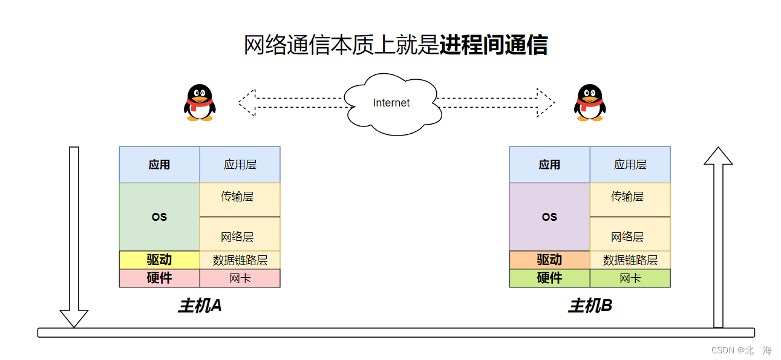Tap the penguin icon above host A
200,103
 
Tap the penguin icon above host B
590,103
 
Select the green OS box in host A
159,217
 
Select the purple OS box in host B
549,217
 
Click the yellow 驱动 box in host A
159,260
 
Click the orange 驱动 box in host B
549,260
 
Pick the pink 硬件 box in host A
159,278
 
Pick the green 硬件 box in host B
549,278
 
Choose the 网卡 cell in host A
240,278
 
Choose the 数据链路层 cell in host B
630,260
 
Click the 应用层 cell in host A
240,165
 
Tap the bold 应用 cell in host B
549,165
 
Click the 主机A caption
200,306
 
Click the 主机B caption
590,306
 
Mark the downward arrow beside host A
74,236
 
